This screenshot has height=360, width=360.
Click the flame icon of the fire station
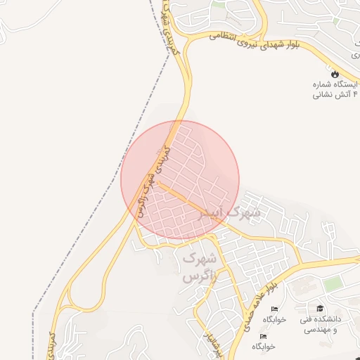coord(334,72)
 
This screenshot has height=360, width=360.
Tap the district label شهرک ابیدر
coord(230,212)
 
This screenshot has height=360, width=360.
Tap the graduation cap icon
coord(320,309)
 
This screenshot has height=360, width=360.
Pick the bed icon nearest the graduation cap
coord(274,309)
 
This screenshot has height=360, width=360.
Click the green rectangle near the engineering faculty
coord(333,283)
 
